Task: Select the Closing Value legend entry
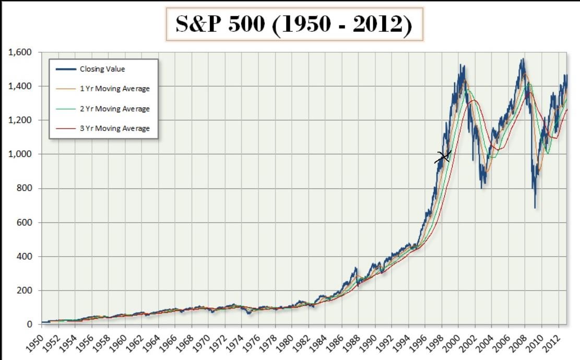[x=102, y=69]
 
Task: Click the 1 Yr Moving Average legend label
[x=114, y=89]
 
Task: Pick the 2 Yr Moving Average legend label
[x=114, y=109]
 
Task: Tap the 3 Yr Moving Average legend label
[x=114, y=128]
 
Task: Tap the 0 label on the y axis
[x=29, y=325]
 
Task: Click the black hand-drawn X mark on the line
[x=443, y=156]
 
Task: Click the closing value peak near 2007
[x=522, y=60]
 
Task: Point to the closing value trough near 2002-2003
[x=482, y=186]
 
